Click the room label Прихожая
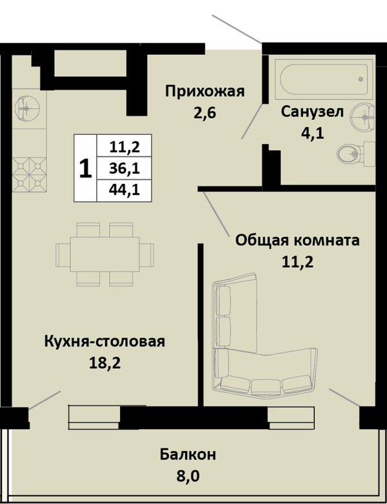click(x=204, y=92)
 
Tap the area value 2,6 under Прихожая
click(x=204, y=113)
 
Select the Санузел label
click(x=312, y=112)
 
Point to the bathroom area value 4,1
click(x=312, y=132)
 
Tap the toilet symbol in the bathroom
click(x=356, y=154)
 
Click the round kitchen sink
click(x=26, y=109)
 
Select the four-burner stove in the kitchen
click(x=29, y=174)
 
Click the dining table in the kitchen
click(x=104, y=254)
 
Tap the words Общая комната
click(x=297, y=241)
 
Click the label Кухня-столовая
click(x=104, y=341)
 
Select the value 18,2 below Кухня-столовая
click(x=104, y=363)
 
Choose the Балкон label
click(x=188, y=455)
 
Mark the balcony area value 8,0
click(x=188, y=476)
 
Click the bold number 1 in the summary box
click(x=85, y=169)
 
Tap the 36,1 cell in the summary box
click(x=124, y=168)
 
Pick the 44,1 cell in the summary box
click(x=124, y=190)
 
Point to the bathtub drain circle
click(x=361, y=79)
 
